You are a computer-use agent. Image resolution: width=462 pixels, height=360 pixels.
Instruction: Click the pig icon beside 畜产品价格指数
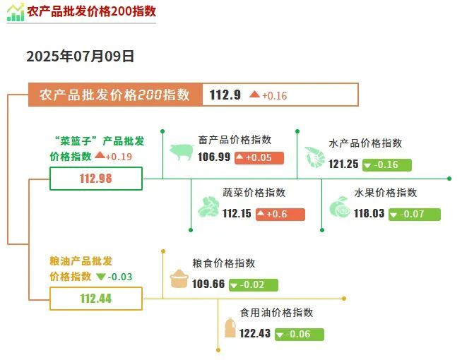click(x=182, y=152)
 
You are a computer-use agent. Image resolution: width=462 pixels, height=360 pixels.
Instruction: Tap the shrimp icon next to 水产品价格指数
click(x=315, y=157)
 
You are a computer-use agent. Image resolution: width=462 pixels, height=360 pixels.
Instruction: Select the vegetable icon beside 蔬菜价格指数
click(x=208, y=207)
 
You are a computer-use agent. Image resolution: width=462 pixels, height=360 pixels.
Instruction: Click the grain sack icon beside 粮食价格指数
click(x=179, y=278)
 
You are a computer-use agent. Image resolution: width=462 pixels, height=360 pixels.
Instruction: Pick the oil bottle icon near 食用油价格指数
click(x=230, y=328)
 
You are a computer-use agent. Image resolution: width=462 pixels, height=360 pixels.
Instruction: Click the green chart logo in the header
click(x=16, y=13)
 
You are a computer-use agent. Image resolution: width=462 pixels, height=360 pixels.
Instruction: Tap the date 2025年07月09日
click(x=81, y=56)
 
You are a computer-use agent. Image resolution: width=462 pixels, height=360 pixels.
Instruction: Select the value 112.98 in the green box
click(x=96, y=179)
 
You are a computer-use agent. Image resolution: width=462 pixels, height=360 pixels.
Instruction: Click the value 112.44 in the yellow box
click(x=96, y=299)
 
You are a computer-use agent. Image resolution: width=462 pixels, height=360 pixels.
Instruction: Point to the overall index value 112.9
click(x=225, y=95)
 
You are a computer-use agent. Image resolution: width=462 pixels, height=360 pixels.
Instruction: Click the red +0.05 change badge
click(x=259, y=158)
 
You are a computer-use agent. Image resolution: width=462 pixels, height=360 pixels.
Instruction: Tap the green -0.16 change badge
click(x=387, y=165)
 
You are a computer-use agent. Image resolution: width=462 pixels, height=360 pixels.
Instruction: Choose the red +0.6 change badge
click(x=280, y=215)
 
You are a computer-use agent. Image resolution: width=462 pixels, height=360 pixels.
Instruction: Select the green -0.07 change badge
click(x=415, y=215)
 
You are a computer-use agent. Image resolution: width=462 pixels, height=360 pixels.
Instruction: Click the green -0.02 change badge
click(x=254, y=285)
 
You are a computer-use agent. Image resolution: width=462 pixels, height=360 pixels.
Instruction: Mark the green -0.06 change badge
click(x=300, y=335)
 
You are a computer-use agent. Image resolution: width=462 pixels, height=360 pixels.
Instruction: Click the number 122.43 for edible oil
click(x=255, y=333)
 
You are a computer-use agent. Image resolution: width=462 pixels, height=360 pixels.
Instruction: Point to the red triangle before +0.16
click(x=254, y=94)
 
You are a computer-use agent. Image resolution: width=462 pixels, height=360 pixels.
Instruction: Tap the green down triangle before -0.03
click(x=101, y=277)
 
